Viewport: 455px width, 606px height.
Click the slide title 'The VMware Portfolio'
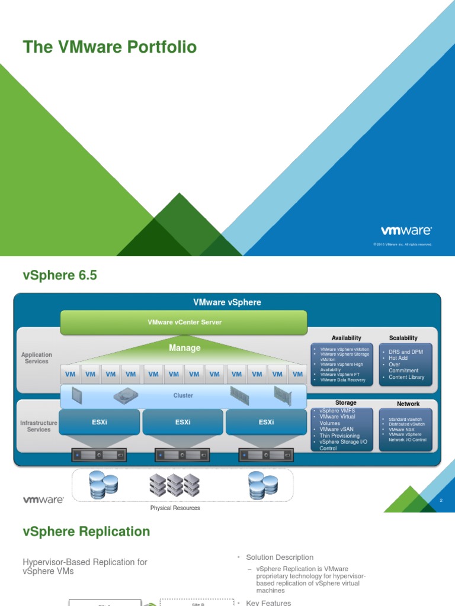[110, 47]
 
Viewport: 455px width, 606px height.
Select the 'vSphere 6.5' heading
[59, 275]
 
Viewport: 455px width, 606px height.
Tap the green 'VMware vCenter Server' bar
[184, 322]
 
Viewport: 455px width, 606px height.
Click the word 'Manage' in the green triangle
[184, 348]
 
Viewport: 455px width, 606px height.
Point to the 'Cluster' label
[183, 395]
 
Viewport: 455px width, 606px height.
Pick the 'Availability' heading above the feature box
[347, 338]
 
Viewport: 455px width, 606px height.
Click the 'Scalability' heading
[403, 338]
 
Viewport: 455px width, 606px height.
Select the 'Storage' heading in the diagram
[346, 403]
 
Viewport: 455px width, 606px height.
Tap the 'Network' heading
[408, 404]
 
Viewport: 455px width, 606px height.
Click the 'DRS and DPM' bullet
[406, 352]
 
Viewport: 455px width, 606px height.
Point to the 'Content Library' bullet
[406, 377]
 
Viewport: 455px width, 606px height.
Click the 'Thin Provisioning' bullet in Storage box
[339, 436]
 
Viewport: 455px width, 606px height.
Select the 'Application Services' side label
[37, 358]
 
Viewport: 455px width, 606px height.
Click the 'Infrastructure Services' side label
[39, 426]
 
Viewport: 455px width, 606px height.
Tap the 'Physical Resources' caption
[175, 508]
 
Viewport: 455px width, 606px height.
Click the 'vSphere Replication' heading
[86, 531]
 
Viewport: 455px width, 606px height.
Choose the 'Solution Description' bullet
[280, 557]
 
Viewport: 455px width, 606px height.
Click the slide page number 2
[441, 501]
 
